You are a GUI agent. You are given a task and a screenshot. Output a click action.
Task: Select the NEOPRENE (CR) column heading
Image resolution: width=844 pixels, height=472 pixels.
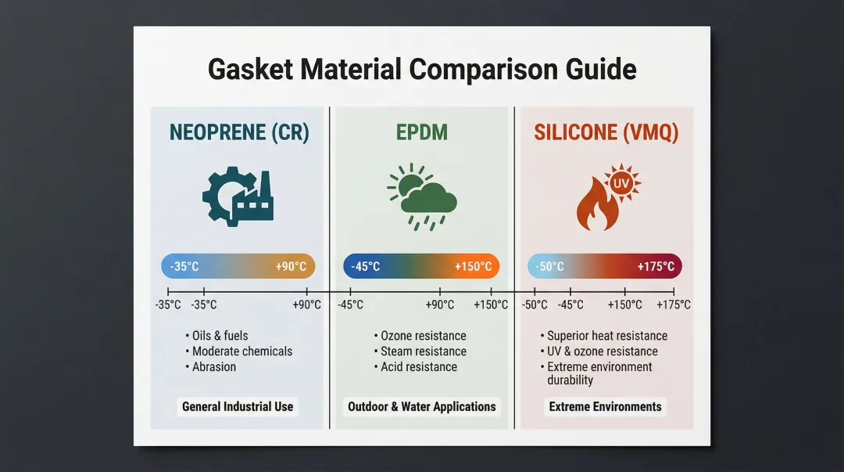[x=240, y=133]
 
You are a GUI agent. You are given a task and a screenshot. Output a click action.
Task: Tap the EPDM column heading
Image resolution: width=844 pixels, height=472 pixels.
[x=422, y=133]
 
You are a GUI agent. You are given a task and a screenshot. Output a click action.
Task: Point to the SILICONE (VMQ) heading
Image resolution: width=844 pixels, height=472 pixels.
[x=606, y=133]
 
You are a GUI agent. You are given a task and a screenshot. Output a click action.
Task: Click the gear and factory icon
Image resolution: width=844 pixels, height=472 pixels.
[x=238, y=196]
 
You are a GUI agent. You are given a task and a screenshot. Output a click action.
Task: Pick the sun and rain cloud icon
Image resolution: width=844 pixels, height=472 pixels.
[x=422, y=197]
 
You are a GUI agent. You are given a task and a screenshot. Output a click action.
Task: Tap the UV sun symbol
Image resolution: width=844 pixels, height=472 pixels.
[x=622, y=183]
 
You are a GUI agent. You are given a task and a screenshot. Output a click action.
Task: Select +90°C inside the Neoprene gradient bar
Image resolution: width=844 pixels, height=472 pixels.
[x=291, y=266]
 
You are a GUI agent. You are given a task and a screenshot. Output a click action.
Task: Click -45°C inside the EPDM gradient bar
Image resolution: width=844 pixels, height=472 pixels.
[x=366, y=266]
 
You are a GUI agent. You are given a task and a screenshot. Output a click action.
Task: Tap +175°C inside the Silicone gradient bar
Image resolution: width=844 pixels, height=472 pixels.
[x=656, y=266]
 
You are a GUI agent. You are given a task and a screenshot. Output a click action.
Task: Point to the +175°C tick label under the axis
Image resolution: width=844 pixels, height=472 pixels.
[x=674, y=304]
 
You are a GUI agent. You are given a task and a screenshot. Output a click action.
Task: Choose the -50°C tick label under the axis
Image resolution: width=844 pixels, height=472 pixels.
[x=535, y=304]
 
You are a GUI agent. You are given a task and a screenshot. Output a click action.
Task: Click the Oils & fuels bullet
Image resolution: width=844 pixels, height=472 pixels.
[x=216, y=336]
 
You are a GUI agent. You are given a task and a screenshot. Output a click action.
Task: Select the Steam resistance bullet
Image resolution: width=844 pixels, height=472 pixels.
[x=420, y=351]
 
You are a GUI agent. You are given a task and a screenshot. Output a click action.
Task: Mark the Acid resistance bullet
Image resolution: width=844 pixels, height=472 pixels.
[x=416, y=367]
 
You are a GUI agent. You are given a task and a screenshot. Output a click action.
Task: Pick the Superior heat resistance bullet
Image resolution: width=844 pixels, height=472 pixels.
[x=604, y=336]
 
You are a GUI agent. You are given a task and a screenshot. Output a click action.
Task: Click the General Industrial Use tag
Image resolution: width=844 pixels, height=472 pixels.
[x=238, y=407]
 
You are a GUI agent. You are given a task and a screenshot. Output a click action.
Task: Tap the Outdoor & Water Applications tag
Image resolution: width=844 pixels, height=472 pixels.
[x=422, y=407]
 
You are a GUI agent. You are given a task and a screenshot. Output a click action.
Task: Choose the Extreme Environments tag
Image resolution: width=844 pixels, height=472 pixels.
[x=605, y=407]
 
